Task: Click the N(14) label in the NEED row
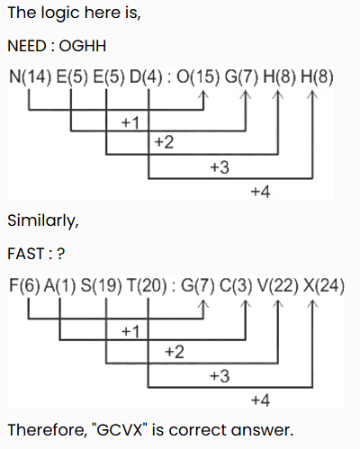click(x=30, y=77)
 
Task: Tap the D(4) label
click(x=146, y=77)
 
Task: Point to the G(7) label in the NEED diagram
click(x=241, y=77)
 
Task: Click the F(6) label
click(x=24, y=285)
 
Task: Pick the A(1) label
click(x=60, y=285)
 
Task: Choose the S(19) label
click(x=102, y=285)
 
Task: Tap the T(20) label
click(x=147, y=285)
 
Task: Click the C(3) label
click(x=236, y=285)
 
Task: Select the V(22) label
click(x=278, y=285)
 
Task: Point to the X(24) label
click(x=324, y=285)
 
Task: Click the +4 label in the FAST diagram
click(x=260, y=400)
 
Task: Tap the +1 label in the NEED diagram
click(x=130, y=122)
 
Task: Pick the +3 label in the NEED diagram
click(x=220, y=167)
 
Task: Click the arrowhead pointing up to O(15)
click(x=203, y=94)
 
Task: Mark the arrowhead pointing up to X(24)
click(x=312, y=303)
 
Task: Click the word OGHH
click(x=83, y=46)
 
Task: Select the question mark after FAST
click(x=60, y=254)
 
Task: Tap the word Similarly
click(x=43, y=221)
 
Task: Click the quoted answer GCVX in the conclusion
click(x=120, y=430)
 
